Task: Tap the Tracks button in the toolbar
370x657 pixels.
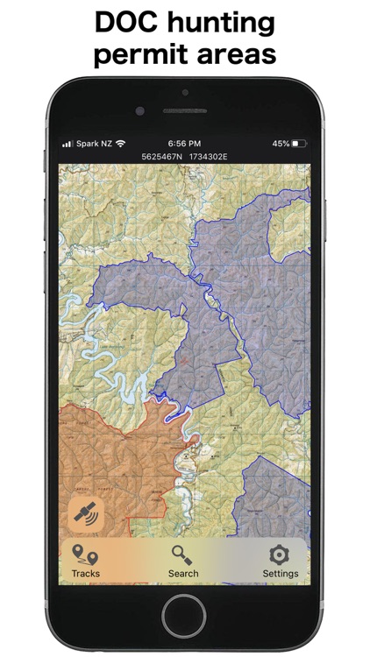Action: [85, 561]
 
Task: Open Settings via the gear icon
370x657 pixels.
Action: [280, 561]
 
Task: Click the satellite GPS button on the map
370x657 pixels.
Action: [86, 514]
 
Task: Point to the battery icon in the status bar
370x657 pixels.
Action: [300, 143]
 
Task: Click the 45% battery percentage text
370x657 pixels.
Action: [281, 143]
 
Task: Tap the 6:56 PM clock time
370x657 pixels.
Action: [184, 143]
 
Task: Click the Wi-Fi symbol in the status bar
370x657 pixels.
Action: [120, 143]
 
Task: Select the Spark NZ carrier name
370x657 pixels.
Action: [94, 143]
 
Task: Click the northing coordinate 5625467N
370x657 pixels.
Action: [162, 156]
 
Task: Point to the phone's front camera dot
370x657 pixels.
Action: [140, 111]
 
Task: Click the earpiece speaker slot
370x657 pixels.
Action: [184, 111]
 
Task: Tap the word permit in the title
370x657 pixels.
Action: [135, 54]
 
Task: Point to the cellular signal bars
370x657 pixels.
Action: [67, 143]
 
